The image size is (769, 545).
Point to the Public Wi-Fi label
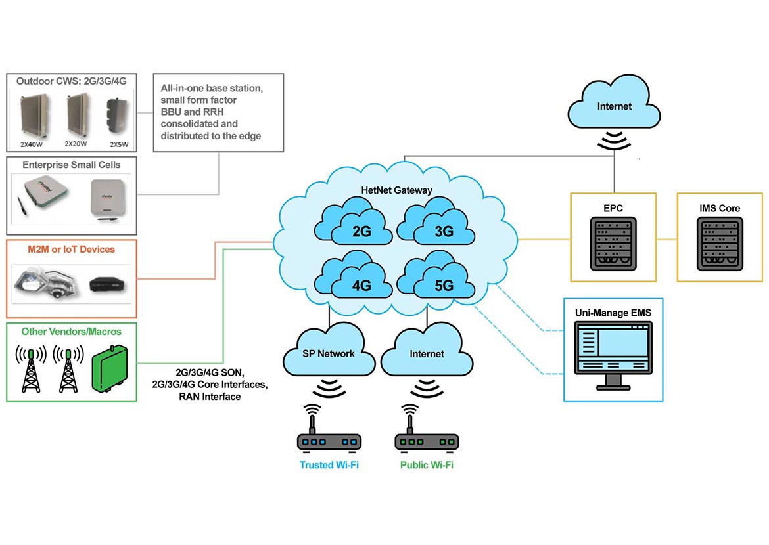point(427,465)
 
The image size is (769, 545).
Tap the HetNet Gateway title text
point(396,190)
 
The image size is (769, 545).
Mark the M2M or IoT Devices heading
point(71,250)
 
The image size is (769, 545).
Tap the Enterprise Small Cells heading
point(72,164)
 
